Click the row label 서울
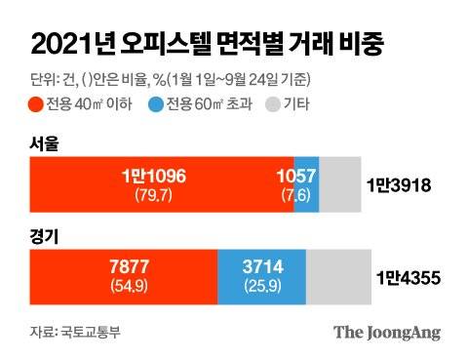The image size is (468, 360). [45, 144]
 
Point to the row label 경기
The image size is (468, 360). [45, 235]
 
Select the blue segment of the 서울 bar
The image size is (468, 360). [306, 183]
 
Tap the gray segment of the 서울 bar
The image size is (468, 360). [339, 183]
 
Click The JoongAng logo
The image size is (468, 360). [387, 332]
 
